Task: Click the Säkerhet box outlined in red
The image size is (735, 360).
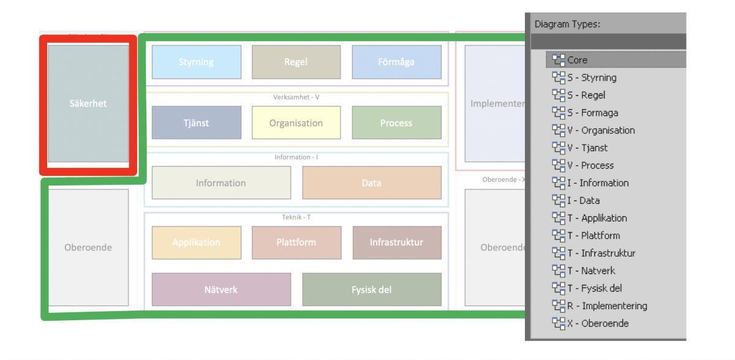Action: click(88, 103)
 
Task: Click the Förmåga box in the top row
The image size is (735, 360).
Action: click(396, 62)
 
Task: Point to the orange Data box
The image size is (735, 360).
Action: click(371, 182)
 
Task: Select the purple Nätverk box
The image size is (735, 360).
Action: click(221, 290)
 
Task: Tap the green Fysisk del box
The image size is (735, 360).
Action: click(371, 290)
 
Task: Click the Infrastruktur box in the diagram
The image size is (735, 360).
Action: click(396, 242)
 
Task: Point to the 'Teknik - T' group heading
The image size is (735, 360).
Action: click(296, 217)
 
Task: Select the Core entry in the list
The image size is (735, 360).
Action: click(577, 60)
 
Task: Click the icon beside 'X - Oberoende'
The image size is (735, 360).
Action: click(558, 323)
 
